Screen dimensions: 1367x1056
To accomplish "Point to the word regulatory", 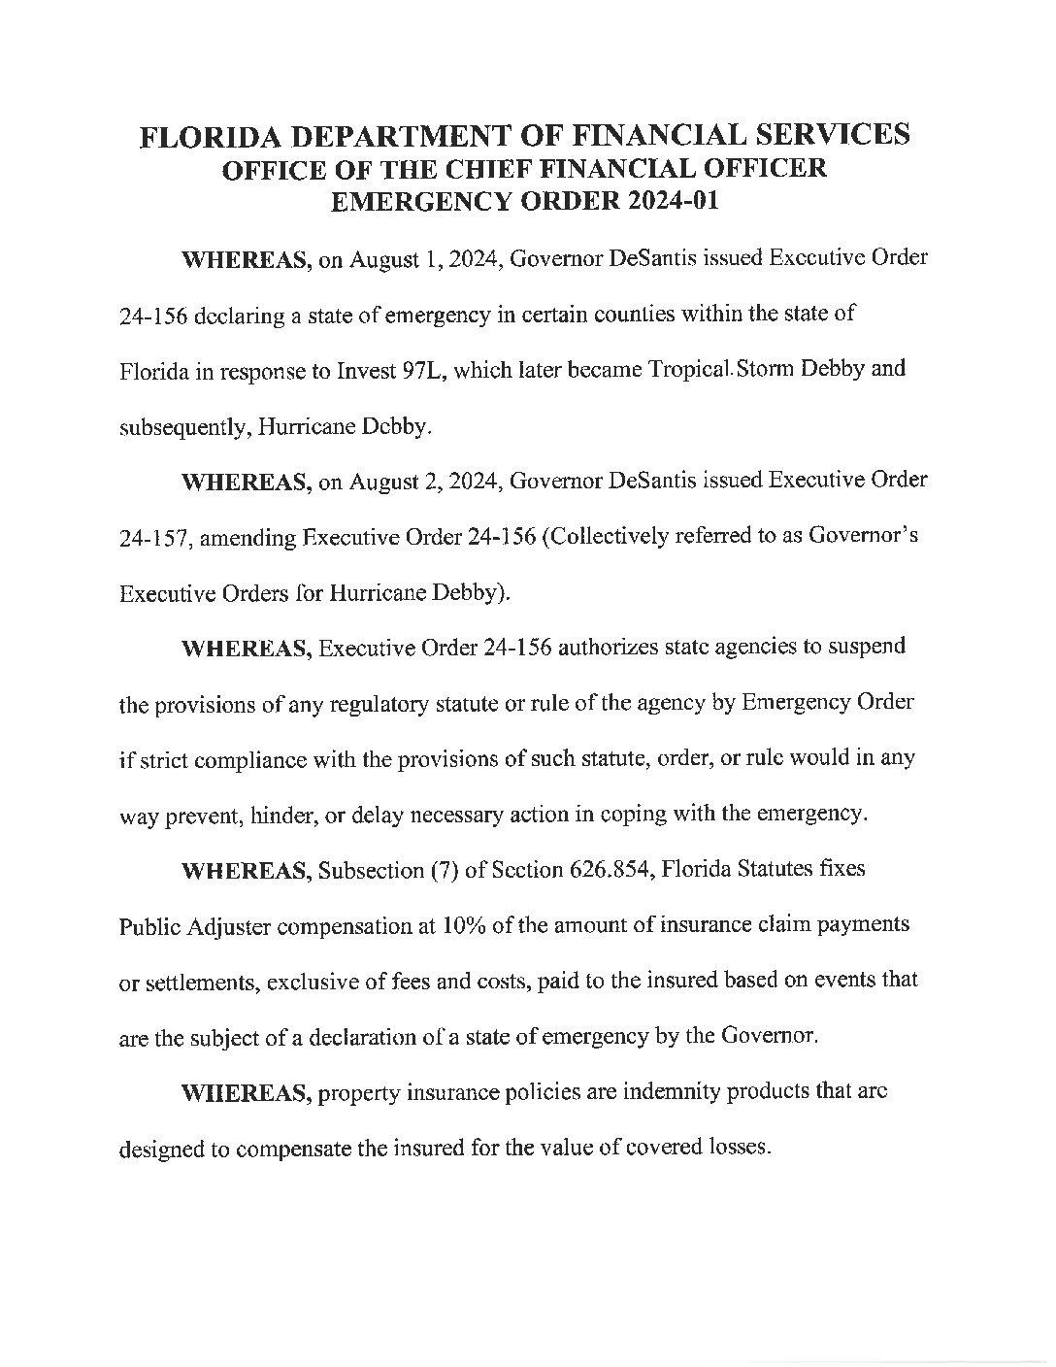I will (353, 703).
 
